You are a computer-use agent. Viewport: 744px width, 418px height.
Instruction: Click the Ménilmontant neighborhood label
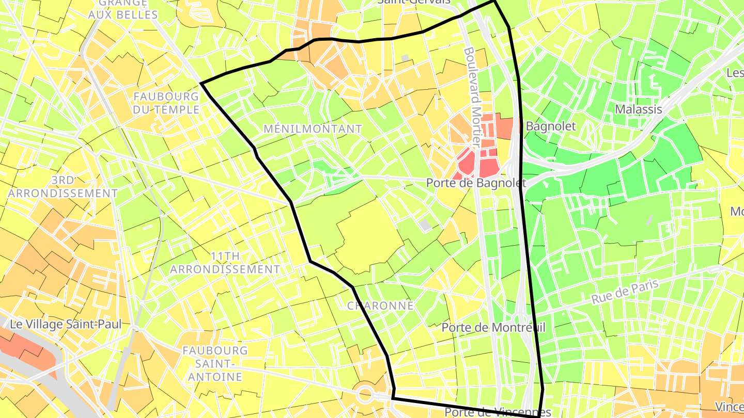pos(313,129)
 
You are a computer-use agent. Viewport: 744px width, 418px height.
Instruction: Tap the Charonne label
pos(380,306)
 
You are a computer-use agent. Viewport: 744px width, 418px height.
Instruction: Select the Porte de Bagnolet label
pos(476,183)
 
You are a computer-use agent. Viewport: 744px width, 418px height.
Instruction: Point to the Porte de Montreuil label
pos(493,328)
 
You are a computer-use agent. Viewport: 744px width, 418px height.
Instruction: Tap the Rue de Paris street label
pos(625,292)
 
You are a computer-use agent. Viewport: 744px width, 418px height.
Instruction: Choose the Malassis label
pos(638,109)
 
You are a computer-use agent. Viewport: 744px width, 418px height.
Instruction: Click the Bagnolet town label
pos(550,126)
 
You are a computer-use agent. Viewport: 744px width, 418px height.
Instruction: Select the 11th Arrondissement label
pos(225,263)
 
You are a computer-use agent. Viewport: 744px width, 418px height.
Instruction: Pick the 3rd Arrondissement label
pos(63,187)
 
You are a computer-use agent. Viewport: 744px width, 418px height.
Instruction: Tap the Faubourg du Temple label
pos(166,103)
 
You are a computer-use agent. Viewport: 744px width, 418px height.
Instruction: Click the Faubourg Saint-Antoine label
pos(215,364)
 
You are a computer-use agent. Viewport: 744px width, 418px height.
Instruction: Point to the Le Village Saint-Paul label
pos(66,325)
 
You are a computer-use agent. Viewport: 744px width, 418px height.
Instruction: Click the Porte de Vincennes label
pos(498,412)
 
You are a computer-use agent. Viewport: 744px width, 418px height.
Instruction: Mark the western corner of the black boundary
pos(201,83)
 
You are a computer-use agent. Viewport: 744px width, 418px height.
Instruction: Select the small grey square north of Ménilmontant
pos(405,58)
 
